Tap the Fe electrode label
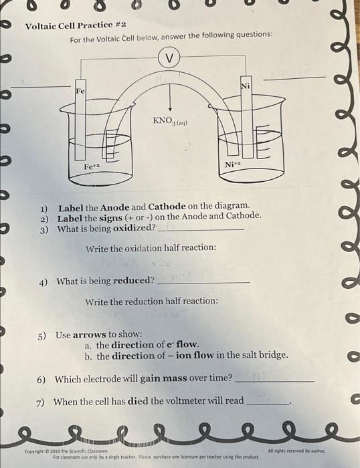pyautogui.click(x=80, y=90)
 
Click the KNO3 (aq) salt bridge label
pyautogui.click(x=171, y=122)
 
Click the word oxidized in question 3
pyautogui.click(x=130, y=228)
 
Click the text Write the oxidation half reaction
pyautogui.click(x=151, y=249)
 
